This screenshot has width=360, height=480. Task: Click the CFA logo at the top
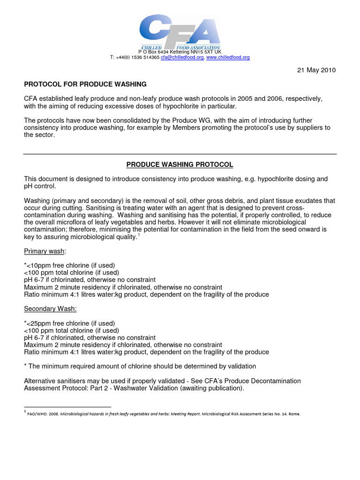point(180,33)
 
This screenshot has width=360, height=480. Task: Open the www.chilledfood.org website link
point(228,57)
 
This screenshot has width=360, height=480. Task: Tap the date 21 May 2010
point(316,70)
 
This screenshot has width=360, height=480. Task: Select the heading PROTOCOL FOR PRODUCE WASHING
point(85,84)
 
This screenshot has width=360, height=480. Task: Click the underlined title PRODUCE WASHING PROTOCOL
point(180,165)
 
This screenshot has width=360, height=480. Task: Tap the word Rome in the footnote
point(293,414)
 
